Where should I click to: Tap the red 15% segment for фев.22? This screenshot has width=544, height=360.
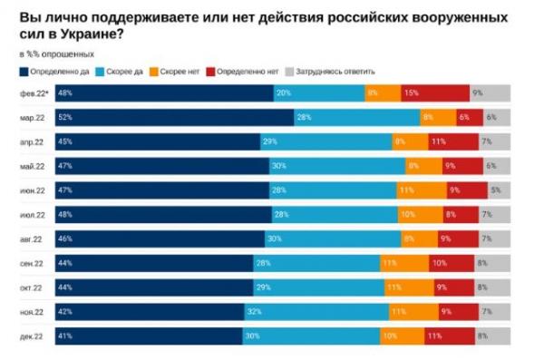click(435, 92)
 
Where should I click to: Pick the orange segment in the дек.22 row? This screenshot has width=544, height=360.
click(402, 337)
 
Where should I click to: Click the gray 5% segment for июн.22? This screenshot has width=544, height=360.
click(495, 190)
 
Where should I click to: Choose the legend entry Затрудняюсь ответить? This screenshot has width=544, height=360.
click(330, 71)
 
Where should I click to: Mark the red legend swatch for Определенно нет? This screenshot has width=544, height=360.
click(215, 71)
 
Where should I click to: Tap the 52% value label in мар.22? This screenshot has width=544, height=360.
click(65, 117)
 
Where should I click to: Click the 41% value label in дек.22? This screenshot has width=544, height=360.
click(65, 337)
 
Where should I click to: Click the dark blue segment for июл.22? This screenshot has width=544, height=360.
click(163, 215)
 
